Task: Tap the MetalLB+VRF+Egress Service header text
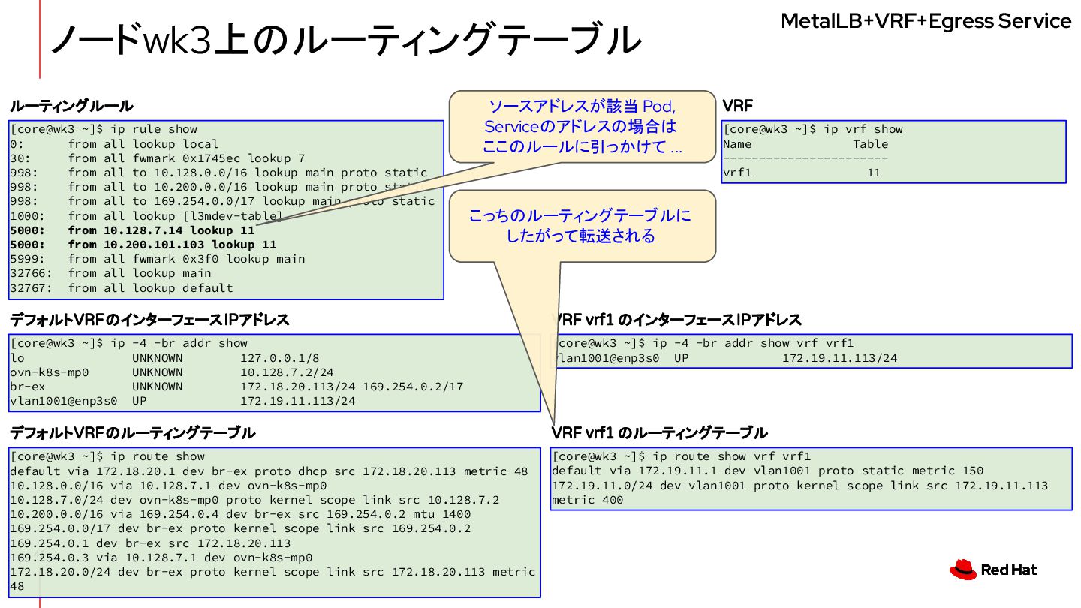pos(926,21)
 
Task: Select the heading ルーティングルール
pos(71,106)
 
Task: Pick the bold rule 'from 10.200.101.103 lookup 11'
pos(172,245)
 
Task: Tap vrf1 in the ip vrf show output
pos(737,173)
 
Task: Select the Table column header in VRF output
pos(870,144)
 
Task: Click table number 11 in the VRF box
pos(873,173)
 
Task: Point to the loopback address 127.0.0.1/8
pos(279,358)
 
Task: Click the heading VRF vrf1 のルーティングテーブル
pos(659,433)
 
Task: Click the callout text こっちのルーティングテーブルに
pos(580,216)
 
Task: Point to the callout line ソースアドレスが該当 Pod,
pos(582,106)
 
